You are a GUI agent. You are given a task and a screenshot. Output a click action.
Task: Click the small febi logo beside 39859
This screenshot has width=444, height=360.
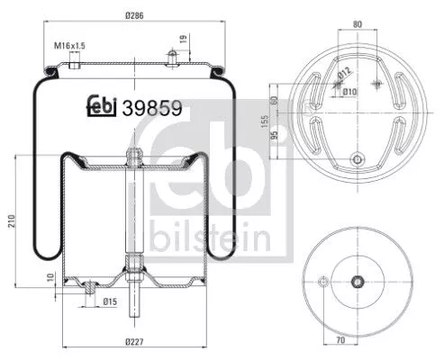(103, 106)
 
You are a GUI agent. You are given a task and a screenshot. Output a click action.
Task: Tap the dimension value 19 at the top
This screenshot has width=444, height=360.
(184, 39)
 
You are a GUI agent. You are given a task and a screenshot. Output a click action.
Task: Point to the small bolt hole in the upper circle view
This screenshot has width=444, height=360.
(357, 162)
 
